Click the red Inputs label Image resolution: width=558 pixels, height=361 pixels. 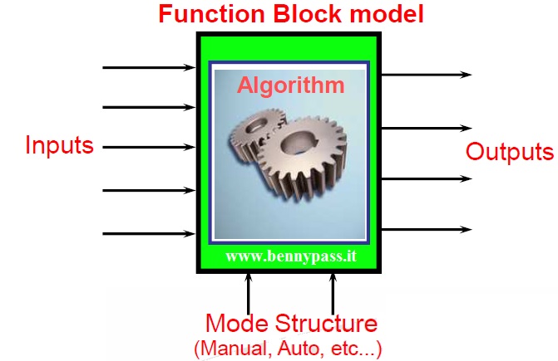coord(59,146)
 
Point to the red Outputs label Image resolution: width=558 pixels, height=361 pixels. coord(509,153)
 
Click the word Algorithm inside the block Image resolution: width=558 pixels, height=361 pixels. coord(291,84)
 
